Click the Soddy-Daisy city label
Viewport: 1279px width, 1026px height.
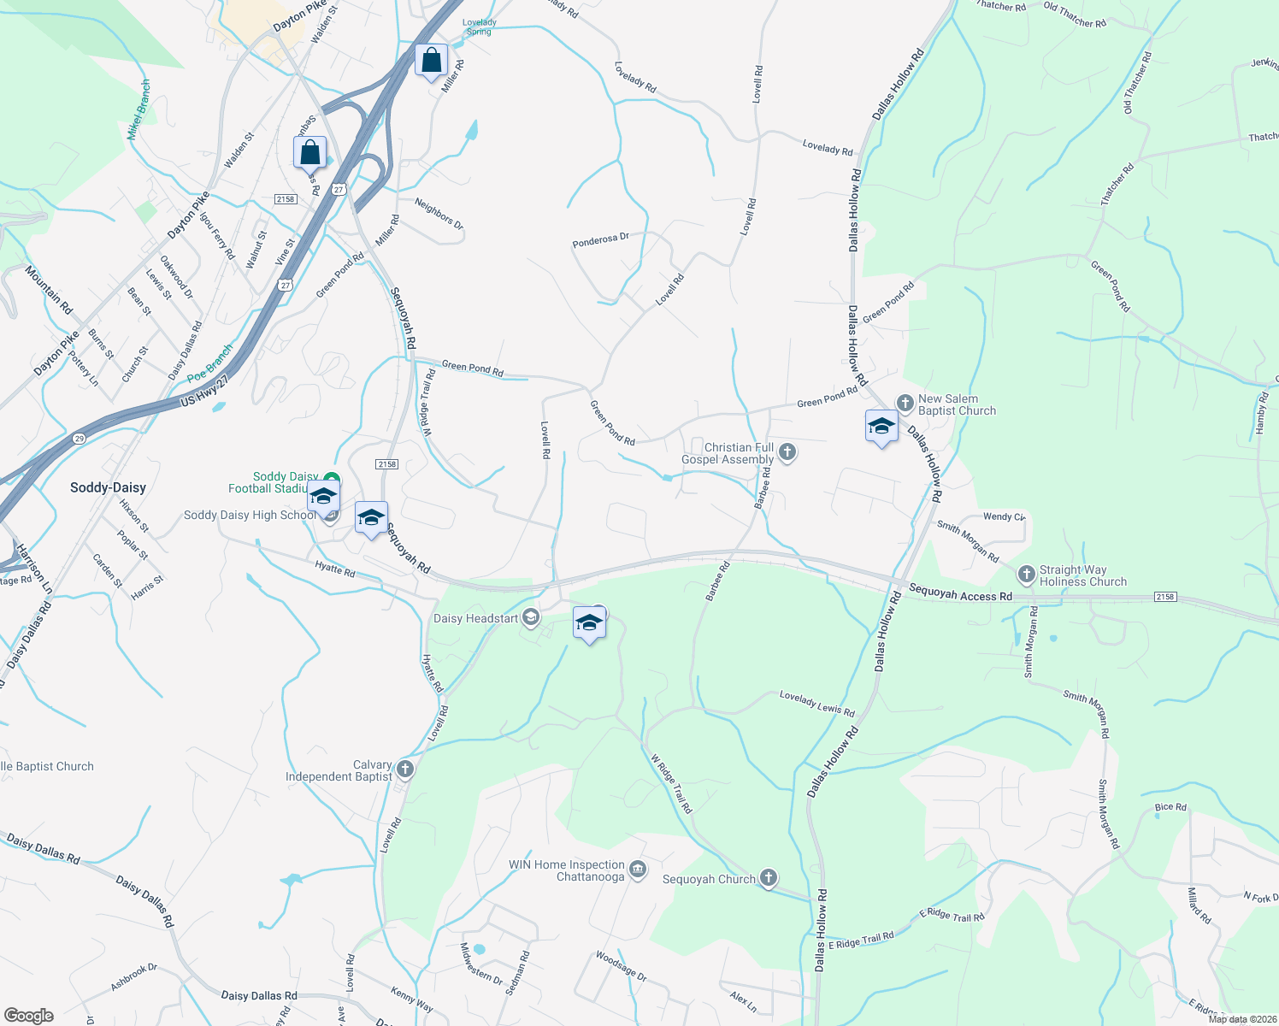[x=108, y=487]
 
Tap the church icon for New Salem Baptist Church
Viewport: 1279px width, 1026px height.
[x=905, y=403]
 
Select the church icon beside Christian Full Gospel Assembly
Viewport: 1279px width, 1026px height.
[x=787, y=452]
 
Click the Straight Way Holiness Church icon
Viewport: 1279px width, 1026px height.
[x=1026, y=575]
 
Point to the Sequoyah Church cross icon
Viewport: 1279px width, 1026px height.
[x=769, y=878]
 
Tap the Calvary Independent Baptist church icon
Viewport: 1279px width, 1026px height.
[x=405, y=769]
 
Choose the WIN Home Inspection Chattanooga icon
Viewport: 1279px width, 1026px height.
[x=638, y=870]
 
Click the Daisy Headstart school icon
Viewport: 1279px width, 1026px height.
[x=531, y=618]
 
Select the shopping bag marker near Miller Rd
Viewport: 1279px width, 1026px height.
[x=432, y=61]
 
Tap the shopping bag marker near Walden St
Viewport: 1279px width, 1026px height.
[x=309, y=153]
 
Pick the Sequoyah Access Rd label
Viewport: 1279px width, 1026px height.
[x=960, y=593]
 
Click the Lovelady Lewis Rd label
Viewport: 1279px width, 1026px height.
[x=816, y=705]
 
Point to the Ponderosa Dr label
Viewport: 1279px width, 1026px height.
[x=600, y=241]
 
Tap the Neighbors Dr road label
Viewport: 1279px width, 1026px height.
[x=439, y=214]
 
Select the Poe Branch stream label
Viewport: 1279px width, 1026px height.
[x=209, y=363]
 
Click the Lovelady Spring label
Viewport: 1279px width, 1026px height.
[x=479, y=27]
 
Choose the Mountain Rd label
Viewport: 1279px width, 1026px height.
[x=49, y=290]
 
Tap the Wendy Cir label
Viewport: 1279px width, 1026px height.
[x=1004, y=516]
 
